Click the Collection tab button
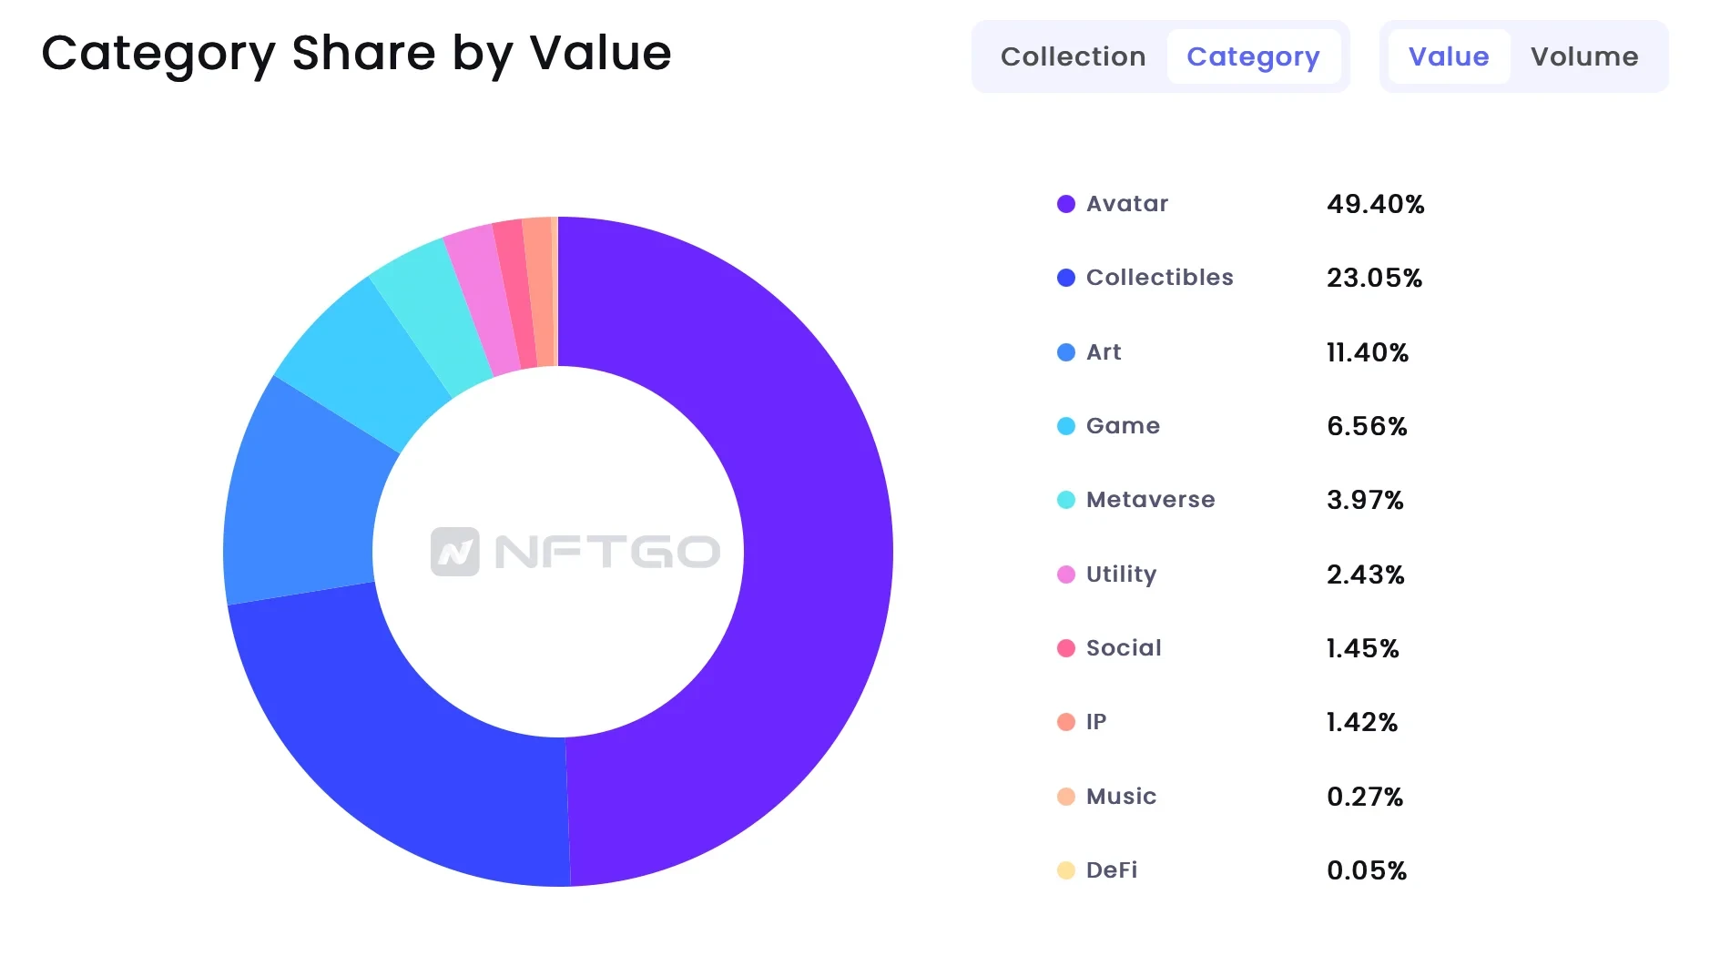click(1073, 56)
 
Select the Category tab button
click(1253, 56)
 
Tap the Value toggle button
click(1448, 56)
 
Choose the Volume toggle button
click(1583, 56)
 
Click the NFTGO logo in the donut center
click(575, 552)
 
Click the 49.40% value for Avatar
click(1375, 204)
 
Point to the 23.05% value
click(1374, 278)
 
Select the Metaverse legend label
click(1150, 500)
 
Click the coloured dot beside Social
click(1065, 648)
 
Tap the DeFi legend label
click(1112, 870)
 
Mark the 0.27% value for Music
click(1364, 797)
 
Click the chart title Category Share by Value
click(356, 53)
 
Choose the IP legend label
click(1096, 722)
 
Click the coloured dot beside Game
click(1065, 426)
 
